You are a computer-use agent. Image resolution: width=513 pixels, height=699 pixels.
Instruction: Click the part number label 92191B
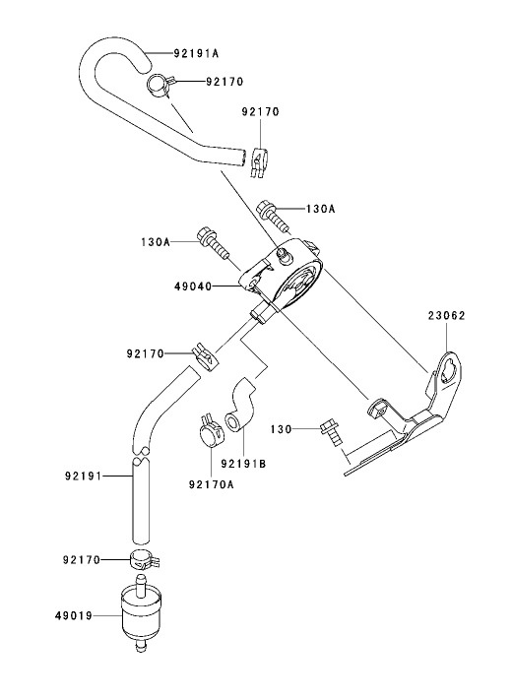242,462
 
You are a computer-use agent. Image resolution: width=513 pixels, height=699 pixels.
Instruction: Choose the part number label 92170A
211,483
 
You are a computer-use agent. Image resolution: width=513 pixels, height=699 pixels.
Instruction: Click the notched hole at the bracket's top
449,371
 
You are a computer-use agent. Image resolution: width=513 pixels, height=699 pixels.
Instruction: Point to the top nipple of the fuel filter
141,583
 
